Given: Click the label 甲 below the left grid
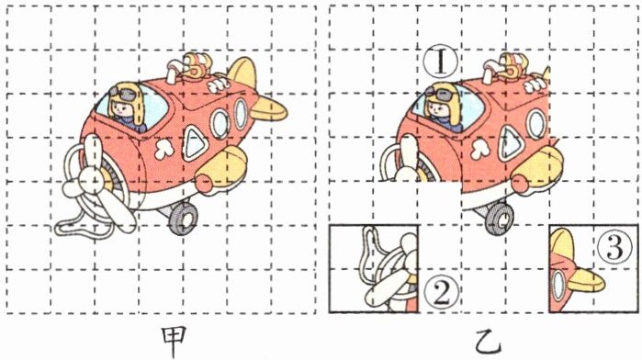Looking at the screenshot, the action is pyautogui.click(x=174, y=341).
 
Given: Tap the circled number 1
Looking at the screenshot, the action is pyautogui.click(x=440, y=62).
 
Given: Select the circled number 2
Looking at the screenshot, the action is pyautogui.click(x=442, y=294).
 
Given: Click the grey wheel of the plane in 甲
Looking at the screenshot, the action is pyautogui.click(x=183, y=218).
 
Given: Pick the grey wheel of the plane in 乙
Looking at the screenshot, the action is pyautogui.click(x=499, y=218).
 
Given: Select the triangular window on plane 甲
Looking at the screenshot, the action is pyautogui.click(x=194, y=143).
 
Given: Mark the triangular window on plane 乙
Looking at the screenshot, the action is pyautogui.click(x=511, y=143).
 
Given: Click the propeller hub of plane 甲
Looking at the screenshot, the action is pyautogui.click(x=95, y=180).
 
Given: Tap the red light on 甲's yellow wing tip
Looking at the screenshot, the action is pyautogui.click(x=204, y=183).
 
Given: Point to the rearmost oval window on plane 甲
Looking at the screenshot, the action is pyautogui.click(x=241, y=114).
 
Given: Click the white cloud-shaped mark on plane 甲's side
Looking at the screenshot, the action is pyautogui.click(x=164, y=149).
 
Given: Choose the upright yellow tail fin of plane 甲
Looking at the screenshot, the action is pyautogui.click(x=242, y=73).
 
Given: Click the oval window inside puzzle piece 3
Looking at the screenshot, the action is pyautogui.click(x=558, y=286).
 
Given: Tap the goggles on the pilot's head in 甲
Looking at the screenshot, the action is pyautogui.click(x=123, y=94).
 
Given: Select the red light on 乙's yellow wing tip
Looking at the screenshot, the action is pyautogui.click(x=520, y=183).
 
